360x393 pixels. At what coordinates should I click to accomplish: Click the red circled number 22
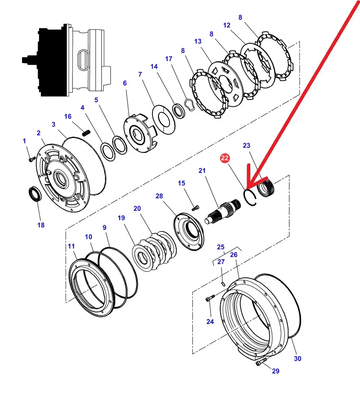[224, 158]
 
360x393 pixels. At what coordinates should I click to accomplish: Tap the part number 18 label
[41, 225]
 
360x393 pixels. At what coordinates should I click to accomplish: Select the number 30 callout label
[297, 359]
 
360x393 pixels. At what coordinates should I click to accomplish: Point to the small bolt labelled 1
[32, 159]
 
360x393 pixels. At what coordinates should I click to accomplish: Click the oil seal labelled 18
[35, 194]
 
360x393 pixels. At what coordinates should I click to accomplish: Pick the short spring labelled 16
[86, 133]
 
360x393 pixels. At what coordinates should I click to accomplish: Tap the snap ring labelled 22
[250, 197]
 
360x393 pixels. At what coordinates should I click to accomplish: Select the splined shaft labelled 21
[223, 211]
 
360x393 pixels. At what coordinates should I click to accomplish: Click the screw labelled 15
[195, 208]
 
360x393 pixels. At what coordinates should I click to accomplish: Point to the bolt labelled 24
[210, 298]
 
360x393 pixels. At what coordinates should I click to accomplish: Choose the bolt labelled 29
[261, 362]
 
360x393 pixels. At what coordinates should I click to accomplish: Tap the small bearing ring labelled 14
[178, 111]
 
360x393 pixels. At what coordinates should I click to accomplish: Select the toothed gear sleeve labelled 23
[266, 187]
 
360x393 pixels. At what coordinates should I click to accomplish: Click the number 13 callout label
[198, 42]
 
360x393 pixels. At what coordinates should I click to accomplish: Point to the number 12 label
[227, 25]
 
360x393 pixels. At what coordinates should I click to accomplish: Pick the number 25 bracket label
[221, 247]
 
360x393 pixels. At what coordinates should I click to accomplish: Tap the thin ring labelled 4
[108, 152]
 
